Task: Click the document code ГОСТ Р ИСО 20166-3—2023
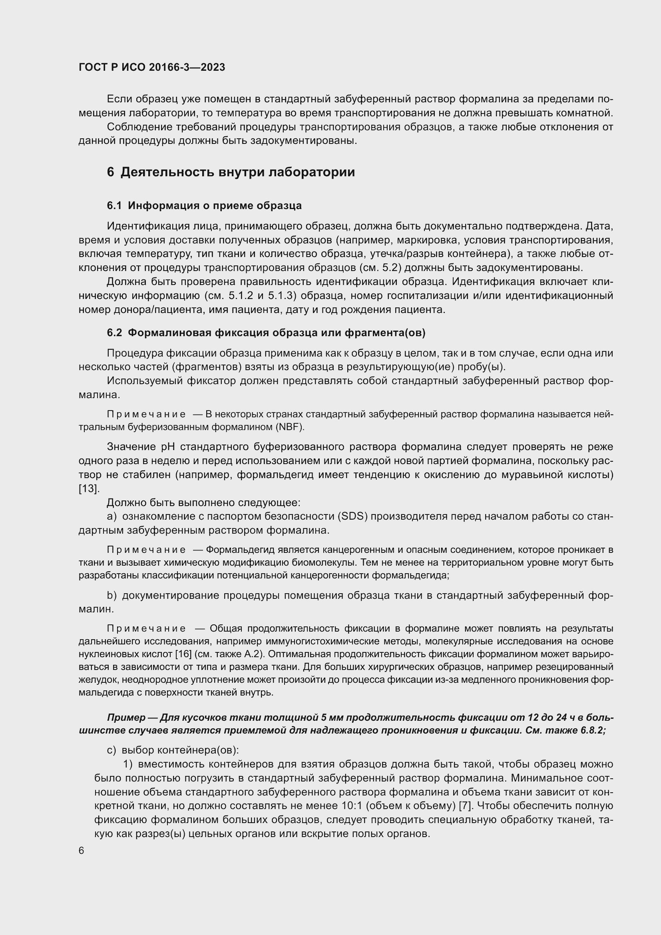[x=152, y=67]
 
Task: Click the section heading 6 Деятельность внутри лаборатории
[x=231, y=172]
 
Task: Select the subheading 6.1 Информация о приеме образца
[x=204, y=205]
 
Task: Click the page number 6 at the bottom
[x=82, y=851]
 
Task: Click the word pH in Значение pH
[x=168, y=447]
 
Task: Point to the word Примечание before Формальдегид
[x=146, y=550]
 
